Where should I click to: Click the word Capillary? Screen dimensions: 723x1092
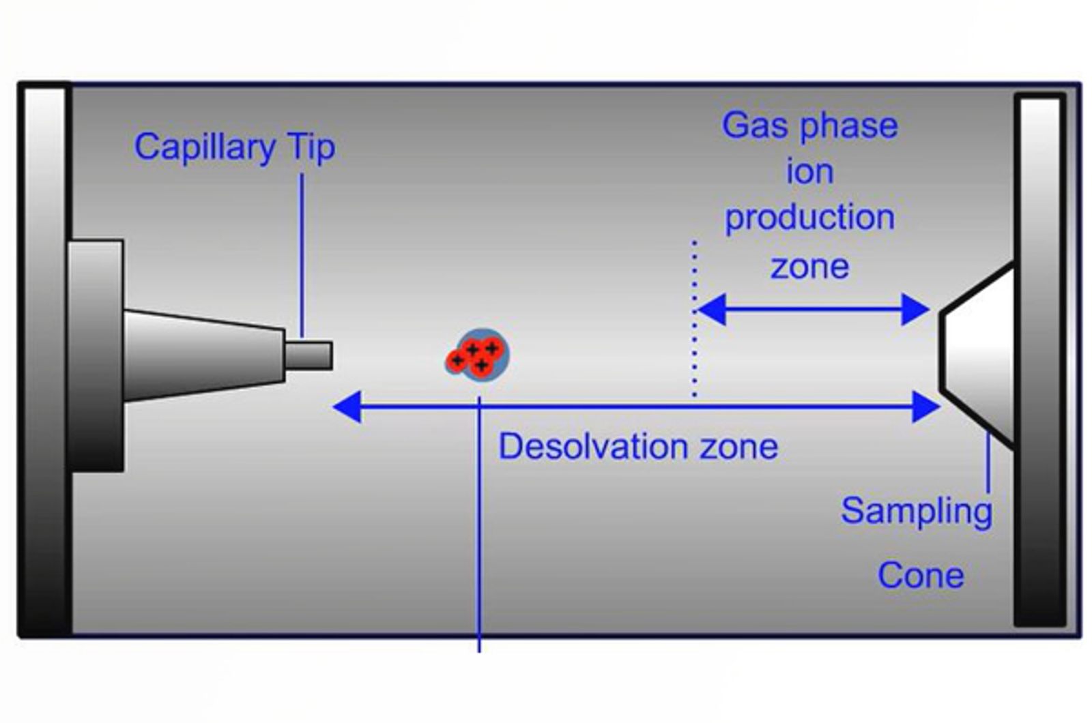[x=205, y=147]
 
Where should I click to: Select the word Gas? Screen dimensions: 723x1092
[x=755, y=126]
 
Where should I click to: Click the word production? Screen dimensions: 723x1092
[x=809, y=218]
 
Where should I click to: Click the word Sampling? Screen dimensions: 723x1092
[x=917, y=512]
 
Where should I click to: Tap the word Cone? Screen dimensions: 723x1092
[x=921, y=575]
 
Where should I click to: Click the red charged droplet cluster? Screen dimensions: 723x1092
[x=478, y=355]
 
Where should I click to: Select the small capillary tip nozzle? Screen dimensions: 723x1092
[x=308, y=355]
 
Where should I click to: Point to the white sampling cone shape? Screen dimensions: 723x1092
[x=979, y=355]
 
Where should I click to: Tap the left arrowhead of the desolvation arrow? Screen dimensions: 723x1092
[x=347, y=407]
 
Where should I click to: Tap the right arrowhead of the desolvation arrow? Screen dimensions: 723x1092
[x=926, y=407]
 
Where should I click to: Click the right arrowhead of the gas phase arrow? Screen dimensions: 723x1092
[x=915, y=310]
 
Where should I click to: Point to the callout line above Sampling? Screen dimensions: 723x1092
[x=988, y=464]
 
